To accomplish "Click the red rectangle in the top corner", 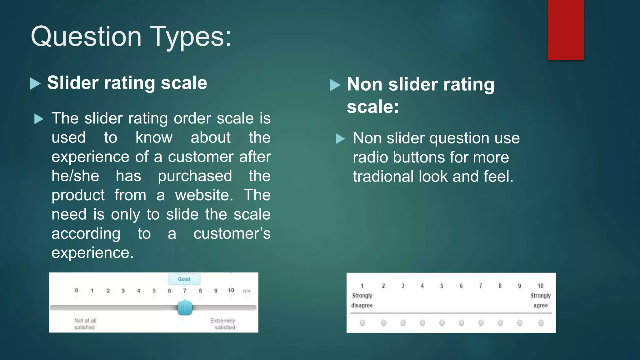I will point(566,30).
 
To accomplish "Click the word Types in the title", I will point(191,37).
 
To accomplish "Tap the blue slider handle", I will point(185,307).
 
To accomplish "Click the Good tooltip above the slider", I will point(184,279).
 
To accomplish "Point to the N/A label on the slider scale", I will point(247,291).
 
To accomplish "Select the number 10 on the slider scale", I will point(231,290).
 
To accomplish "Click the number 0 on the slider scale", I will point(77,290).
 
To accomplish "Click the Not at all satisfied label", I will point(85,324).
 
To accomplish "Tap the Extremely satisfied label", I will point(223,324).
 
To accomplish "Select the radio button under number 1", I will point(362,323).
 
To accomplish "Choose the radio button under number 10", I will point(541,323).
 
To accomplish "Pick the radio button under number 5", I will point(442,323).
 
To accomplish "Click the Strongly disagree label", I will point(362,300).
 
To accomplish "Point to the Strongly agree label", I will point(540,300).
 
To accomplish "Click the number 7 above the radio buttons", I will point(481,286).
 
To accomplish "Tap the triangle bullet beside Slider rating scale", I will point(35,84).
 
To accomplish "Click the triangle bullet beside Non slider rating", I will point(335,85).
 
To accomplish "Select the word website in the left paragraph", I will point(204,195).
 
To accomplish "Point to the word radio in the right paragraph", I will point(371,157).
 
